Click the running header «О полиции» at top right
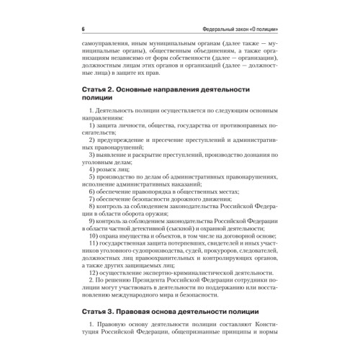(266, 29)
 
